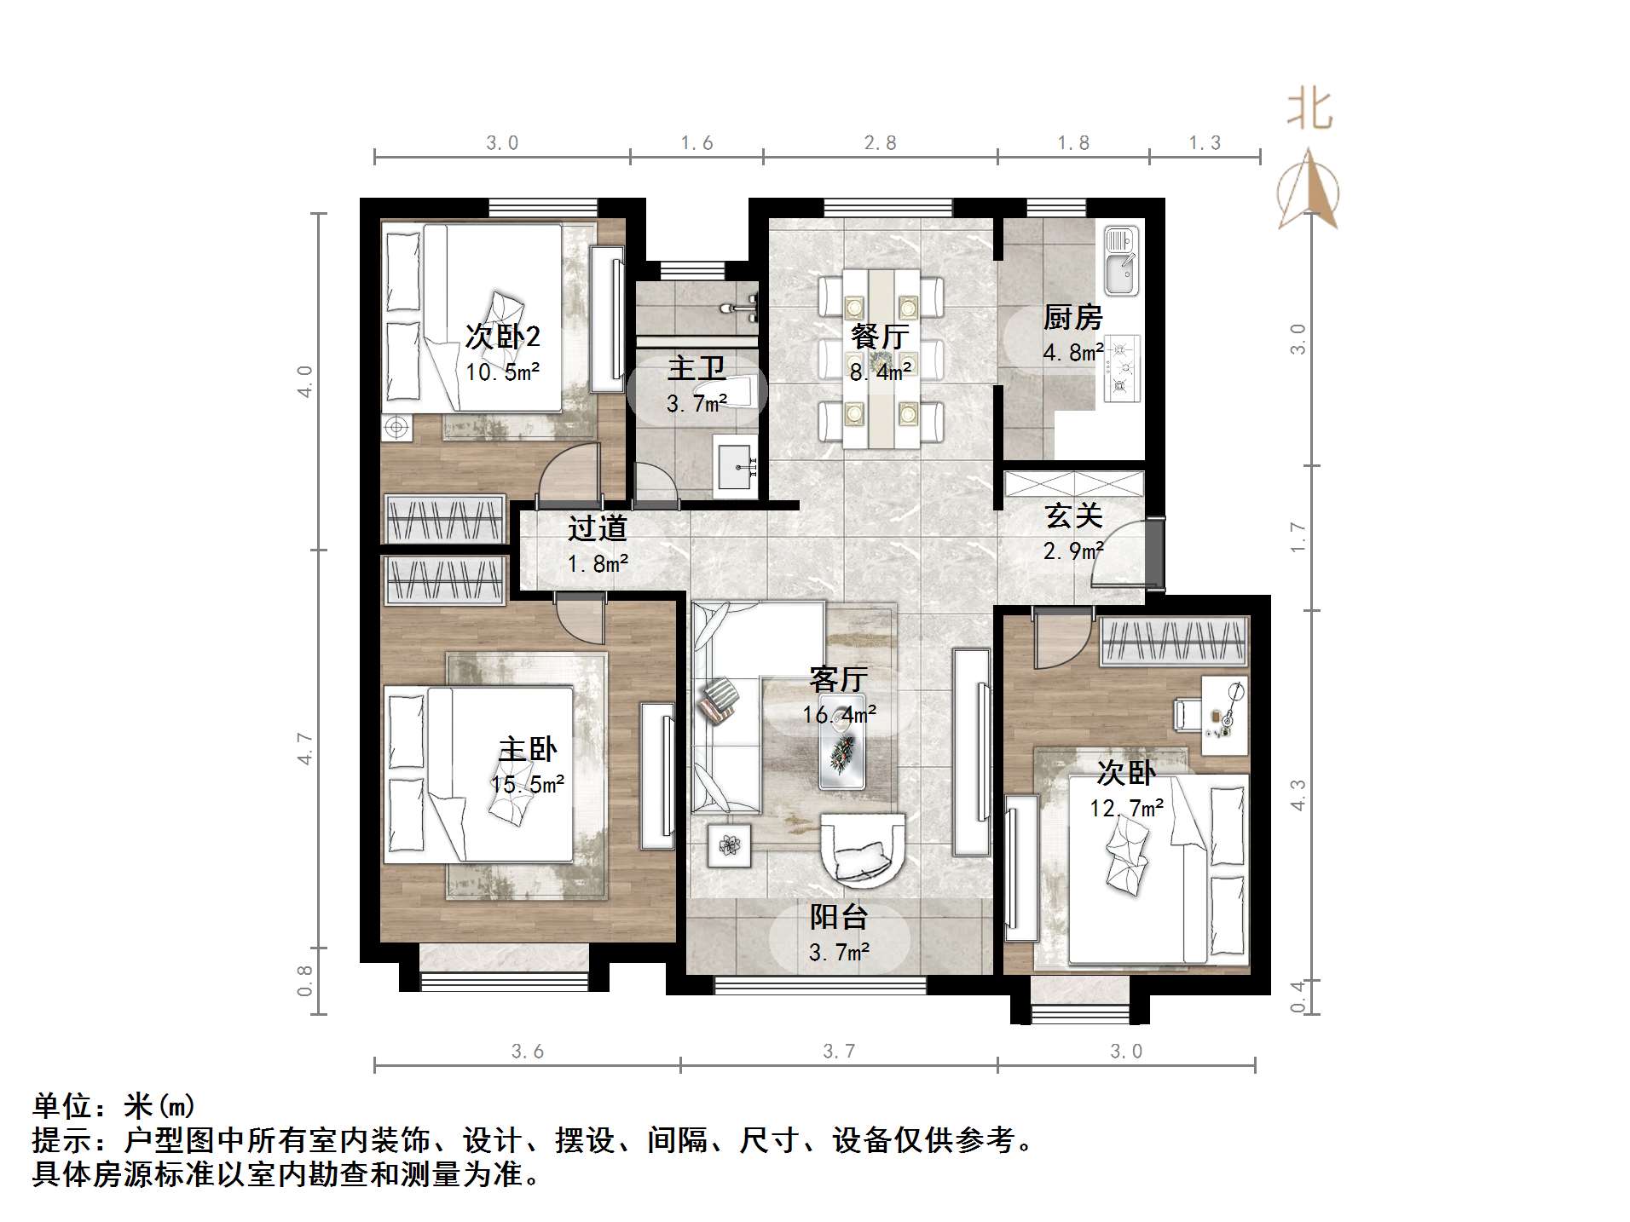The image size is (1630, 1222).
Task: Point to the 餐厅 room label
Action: pos(880,337)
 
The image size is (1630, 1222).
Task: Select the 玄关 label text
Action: pos(1073,516)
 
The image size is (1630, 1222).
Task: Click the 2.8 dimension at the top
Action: pos(880,143)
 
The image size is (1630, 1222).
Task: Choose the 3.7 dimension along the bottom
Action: pos(839,1052)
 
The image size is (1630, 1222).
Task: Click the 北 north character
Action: pos(1309,111)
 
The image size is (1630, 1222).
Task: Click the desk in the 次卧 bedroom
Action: pos(1224,714)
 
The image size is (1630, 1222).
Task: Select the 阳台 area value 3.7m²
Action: pos(839,952)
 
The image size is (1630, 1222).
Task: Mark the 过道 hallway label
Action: pos(597,528)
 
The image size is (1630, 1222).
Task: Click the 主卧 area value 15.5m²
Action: pos(528,784)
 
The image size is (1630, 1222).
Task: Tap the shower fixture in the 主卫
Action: pos(742,307)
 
